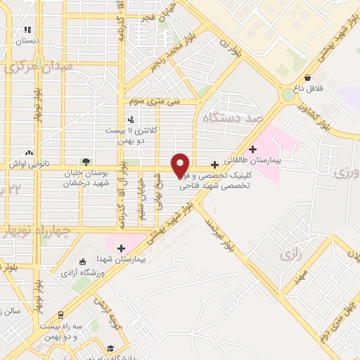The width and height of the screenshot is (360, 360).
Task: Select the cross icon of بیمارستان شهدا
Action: [122, 248]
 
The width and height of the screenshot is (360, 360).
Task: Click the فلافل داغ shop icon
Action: [307, 78]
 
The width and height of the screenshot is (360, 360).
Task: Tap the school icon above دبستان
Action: [27, 30]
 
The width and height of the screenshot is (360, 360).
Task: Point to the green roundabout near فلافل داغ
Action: [290, 94]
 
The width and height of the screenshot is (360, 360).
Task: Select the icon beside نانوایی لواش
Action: [29, 152]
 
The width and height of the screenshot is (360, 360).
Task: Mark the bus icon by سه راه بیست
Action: [61, 314]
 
